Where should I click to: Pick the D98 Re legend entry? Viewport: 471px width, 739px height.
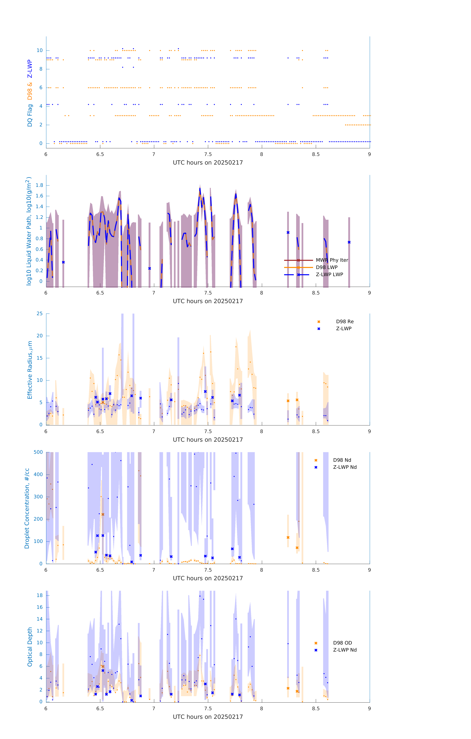[x=345, y=322]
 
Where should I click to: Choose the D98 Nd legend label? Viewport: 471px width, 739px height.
[x=342, y=460]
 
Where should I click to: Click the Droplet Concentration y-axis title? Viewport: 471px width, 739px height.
[x=27, y=509]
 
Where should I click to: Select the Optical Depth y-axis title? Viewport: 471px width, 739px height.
[x=30, y=647]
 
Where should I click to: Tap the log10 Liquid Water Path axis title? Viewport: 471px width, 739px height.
[x=29, y=231]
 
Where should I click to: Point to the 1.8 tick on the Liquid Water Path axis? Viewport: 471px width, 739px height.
[x=39, y=185]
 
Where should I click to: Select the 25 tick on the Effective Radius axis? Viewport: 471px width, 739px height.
[x=40, y=314]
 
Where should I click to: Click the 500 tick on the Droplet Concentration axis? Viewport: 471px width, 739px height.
[x=38, y=452]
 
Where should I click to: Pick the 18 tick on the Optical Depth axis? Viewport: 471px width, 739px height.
[x=40, y=595]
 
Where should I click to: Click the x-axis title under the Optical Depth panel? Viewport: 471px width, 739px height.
[x=208, y=717]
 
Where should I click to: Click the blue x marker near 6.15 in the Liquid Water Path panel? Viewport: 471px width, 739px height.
[x=63, y=262]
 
